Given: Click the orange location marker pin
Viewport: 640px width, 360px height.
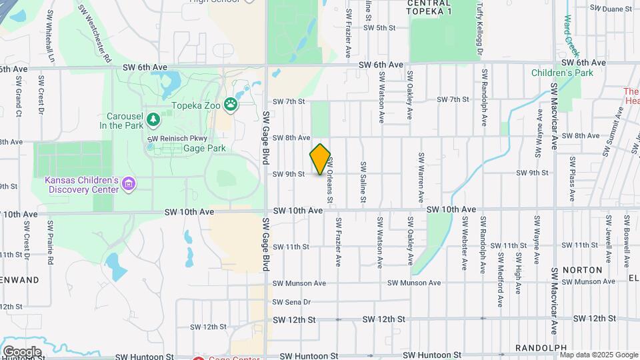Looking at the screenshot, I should pos(321,159).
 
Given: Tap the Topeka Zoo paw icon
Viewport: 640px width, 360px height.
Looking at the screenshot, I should pos(231,103).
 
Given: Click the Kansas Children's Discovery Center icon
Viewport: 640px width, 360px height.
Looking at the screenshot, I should pos(129,183).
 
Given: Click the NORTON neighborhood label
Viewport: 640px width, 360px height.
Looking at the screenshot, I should pos(582,270).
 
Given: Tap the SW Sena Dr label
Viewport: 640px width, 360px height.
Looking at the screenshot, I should pos(293,302).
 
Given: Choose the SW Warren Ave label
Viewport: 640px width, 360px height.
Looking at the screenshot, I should pos(421,177).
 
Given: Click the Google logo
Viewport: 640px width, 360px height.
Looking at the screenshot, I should pos(21,351).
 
